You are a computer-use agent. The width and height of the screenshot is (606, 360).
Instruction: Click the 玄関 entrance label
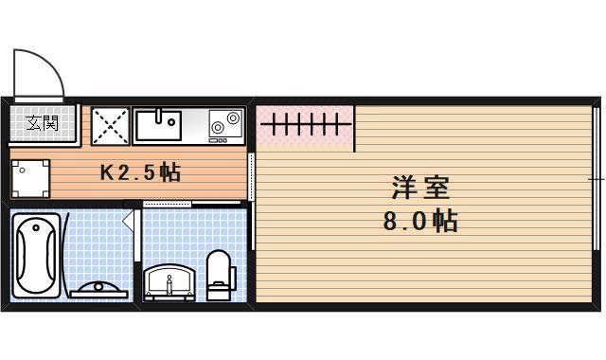[x=42, y=122]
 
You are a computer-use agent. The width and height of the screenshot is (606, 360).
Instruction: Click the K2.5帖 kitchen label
[x=141, y=173]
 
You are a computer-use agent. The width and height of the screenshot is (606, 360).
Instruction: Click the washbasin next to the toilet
[x=171, y=281]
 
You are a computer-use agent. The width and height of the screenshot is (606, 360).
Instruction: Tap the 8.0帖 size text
[x=419, y=222]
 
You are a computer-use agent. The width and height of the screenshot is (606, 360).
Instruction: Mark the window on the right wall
[x=597, y=178]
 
